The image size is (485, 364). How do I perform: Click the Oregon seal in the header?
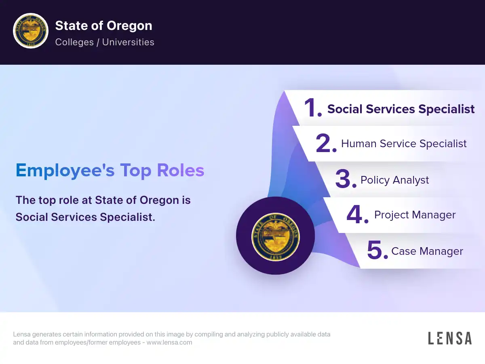(x=31, y=30)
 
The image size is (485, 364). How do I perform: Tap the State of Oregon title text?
(x=103, y=25)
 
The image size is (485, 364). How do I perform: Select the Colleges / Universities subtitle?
(x=105, y=42)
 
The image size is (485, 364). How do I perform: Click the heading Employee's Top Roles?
(x=110, y=170)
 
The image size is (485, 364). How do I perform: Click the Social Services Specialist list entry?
(x=401, y=109)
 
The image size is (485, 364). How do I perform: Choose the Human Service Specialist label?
(x=404, y=144)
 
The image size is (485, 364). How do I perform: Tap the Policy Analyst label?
(x=394, y=180)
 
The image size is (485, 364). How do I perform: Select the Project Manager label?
(x=415, y=215)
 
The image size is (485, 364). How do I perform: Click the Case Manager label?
(x=427, y=251)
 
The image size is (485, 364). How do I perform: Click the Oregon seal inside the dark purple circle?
(x=276, y=237)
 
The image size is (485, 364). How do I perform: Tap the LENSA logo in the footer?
(x=450, y=338)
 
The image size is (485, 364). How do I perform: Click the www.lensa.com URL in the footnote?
(x=169, y=342)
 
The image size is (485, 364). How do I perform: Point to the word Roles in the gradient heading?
(x=181, y=170)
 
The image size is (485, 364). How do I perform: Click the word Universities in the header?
(x=128, y=42)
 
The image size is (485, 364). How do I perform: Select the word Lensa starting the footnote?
(x=22, y=334)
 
